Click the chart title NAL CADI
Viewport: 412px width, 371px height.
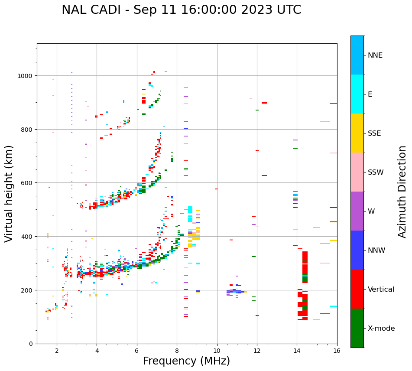(x=181, y=10)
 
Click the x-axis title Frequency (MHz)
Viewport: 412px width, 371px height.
(x=186, y=361)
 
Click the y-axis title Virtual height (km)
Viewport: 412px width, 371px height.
(x=9, y=193)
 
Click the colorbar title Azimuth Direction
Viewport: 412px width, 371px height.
(x=402, y=192)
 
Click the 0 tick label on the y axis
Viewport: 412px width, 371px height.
(x=31, y=344)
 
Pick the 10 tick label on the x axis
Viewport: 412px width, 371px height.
(x=217, y=351)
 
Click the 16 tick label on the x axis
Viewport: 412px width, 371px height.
(x=337, y=351)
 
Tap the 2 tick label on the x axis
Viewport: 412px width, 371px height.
(x=57, y=351)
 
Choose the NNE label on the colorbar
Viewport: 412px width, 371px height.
(x=375, y=55)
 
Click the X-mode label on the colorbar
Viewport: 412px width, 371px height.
(x=381, y=329)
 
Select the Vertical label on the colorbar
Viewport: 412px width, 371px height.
(x=381, y=290)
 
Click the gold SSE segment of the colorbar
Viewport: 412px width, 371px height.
(x=357, y=133)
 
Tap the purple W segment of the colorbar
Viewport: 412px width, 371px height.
(x=357, y=211)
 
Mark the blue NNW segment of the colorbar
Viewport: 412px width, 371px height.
(x=357, y=250)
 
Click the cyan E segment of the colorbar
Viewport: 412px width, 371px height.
(x=357, y=94)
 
